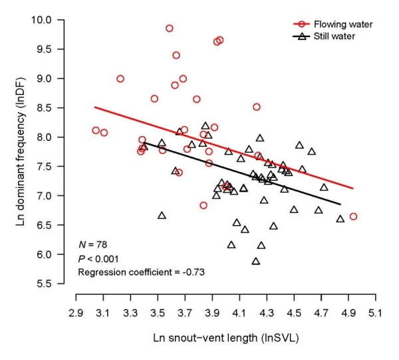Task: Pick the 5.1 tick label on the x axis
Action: coord(375,312)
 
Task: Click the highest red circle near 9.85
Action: coord(170,29)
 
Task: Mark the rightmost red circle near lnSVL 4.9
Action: coord(353,217)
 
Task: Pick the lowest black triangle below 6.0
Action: coord(256,261)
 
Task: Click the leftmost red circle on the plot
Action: coord(96,131)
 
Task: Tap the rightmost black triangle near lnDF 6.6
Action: coord(340,219)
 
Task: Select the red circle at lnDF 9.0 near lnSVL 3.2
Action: coord(120,78)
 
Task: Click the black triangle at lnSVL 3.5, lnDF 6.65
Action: coord(162,215)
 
